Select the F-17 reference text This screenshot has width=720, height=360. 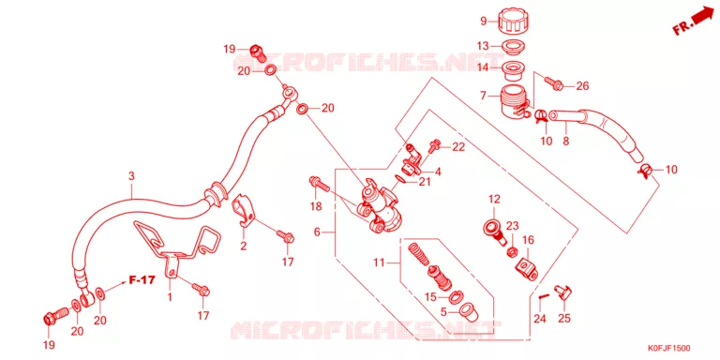(142, 279)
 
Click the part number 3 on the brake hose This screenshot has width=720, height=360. (131, 175)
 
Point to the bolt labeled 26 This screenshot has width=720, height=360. (553, 83)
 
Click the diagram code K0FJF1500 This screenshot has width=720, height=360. (668, 349)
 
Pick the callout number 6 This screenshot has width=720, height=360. (317, 232)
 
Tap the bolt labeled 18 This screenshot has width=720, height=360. (320, 184)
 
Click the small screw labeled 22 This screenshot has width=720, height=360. (434, 146)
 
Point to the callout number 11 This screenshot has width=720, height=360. (379, 263)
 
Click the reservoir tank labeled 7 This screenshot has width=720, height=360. (515, 100)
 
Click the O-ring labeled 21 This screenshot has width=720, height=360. (399, 179)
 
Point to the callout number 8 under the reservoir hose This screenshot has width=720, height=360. (565, 141)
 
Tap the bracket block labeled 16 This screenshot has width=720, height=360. (526, 269)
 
